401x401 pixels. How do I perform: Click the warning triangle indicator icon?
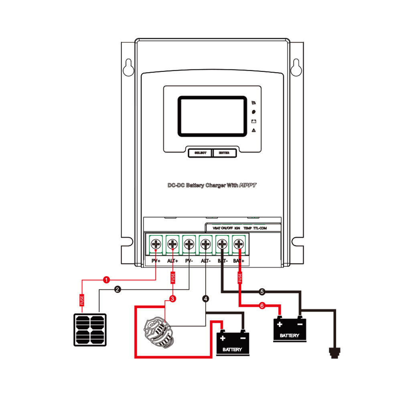253,131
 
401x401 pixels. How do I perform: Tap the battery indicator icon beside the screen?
253,121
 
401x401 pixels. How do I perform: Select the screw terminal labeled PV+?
156,243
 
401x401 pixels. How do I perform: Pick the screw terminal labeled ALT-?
205,243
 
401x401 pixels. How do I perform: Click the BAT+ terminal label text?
239,261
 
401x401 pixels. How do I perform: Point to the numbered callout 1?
106,279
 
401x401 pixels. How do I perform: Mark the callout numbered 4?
206,299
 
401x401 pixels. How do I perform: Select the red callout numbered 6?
262,306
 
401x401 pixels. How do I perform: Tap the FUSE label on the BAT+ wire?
239,278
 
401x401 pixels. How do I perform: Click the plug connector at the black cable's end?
334,352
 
